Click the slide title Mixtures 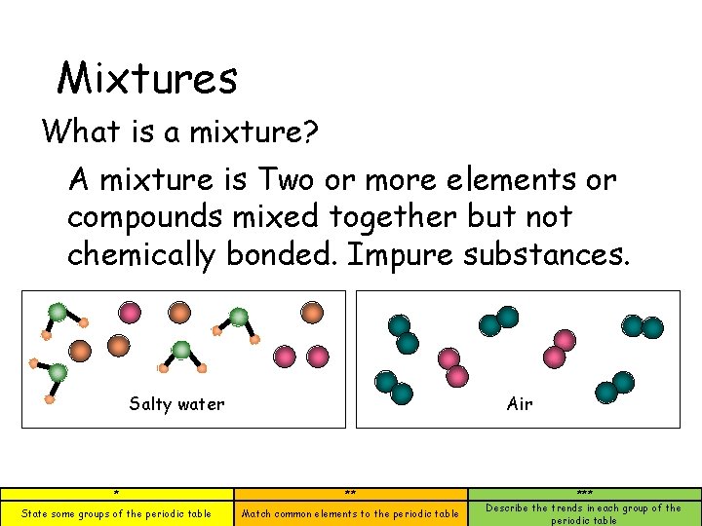(147, 78)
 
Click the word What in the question (81, 131)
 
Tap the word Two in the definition (284, 180)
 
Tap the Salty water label (176, 404)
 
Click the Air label (520, 404)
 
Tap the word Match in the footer (256, 513)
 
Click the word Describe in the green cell (508, 507)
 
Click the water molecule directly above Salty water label (180, 352)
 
